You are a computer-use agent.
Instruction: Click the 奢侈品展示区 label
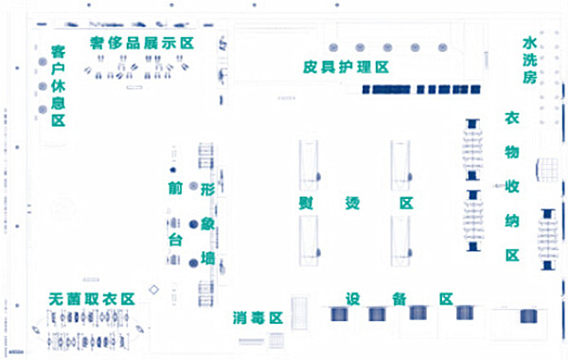tap(141, 44)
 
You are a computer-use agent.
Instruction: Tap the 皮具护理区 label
tap(346, 67)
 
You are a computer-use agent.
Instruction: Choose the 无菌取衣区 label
tap(92, 298)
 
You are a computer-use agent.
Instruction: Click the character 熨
tap(309, 204)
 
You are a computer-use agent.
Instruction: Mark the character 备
tap(399, 298)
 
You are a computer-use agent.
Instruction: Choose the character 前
tap(174, 189)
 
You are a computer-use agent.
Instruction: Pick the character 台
tap(174, 241)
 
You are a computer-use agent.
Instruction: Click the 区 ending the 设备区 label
tap(445, 298)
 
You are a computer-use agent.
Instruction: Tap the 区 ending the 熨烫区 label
tap(406, 204)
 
